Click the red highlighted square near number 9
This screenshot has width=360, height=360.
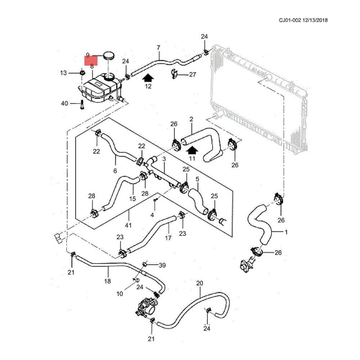point(91,59)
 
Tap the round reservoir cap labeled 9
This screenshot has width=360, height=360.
point(108,56)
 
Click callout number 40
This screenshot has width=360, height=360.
point(64,104)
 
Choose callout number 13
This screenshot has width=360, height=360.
point(63,73)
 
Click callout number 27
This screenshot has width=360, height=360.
point(193,75)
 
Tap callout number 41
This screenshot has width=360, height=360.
point(128,225)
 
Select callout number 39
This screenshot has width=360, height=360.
point(162,265)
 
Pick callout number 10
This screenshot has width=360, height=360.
point(120,294)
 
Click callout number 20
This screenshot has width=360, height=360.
point(200,283)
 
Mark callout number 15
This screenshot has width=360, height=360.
point(132,199)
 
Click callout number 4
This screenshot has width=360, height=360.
point(152,215)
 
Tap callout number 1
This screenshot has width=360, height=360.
point(286,232)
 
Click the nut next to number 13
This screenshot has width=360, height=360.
point(82,73)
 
